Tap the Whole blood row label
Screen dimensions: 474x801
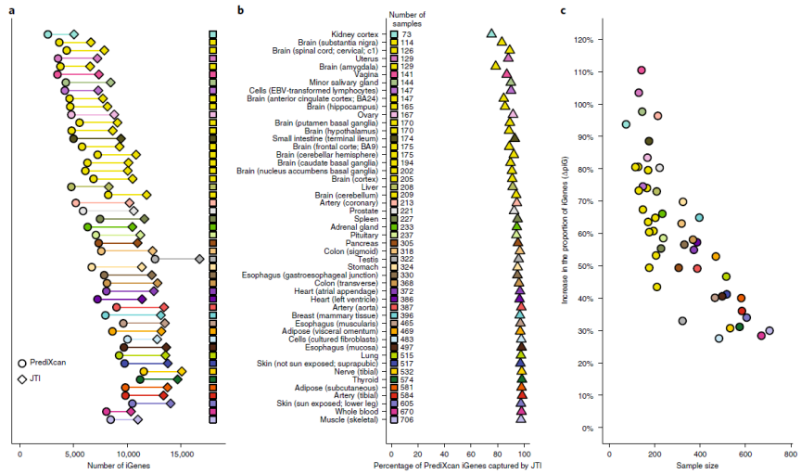[x=357, y=412]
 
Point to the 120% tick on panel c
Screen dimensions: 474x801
[x=583, y=40]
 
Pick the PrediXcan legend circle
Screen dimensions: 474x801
[x=21, y=363]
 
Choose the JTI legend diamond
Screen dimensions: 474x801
[x=21, y=378]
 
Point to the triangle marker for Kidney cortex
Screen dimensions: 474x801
[x=492, y=33]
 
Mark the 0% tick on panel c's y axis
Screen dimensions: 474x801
[x=586, y=429]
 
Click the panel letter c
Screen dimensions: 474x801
[x=565, y=10]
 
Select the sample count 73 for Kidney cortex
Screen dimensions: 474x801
[x=405, y=34]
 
